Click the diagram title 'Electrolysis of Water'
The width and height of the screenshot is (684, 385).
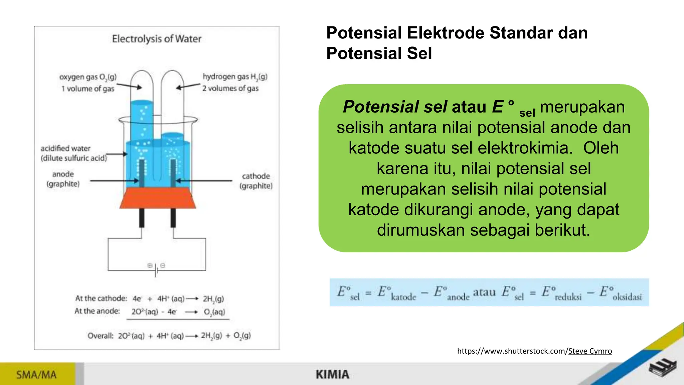[156, 39]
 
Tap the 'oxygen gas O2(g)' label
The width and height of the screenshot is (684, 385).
[88, 77]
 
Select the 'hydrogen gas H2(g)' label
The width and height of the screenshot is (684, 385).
[235, 77]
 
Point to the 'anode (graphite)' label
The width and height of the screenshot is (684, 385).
[63, 179]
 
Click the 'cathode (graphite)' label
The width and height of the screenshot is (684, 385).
[256, 181]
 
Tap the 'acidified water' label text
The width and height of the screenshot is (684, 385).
[65, 148]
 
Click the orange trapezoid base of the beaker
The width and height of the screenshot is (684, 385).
[158, 198]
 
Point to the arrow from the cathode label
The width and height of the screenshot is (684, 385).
[204, 181]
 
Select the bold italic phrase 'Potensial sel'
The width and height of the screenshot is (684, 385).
[395, 107]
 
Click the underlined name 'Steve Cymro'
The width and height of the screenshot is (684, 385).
[590, 351]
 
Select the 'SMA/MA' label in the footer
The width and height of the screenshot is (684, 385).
[36, 375]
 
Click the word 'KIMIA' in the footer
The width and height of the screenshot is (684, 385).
[332, 375]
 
